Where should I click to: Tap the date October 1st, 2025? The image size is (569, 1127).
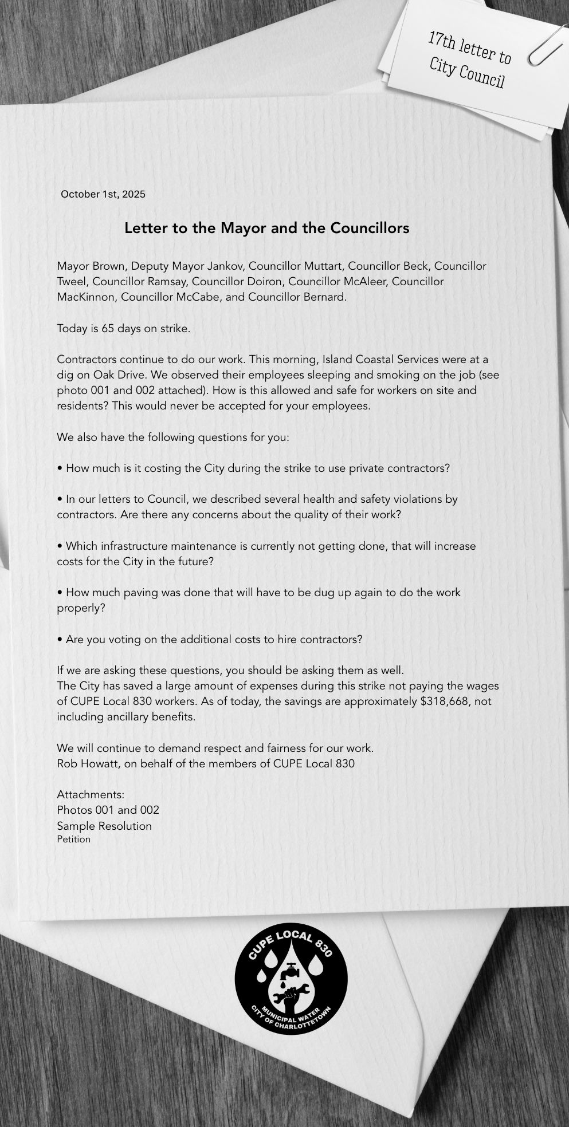pos(103,194)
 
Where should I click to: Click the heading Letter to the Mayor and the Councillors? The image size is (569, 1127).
pos(266,228)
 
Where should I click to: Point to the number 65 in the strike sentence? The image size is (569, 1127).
pos(108,329)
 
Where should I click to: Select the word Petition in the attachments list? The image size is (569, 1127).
pos(74,840)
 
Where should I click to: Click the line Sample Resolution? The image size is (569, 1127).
pos(104,826)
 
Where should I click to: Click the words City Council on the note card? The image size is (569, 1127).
pos(467,72)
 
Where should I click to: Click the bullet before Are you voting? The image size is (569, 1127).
pos(60,640)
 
